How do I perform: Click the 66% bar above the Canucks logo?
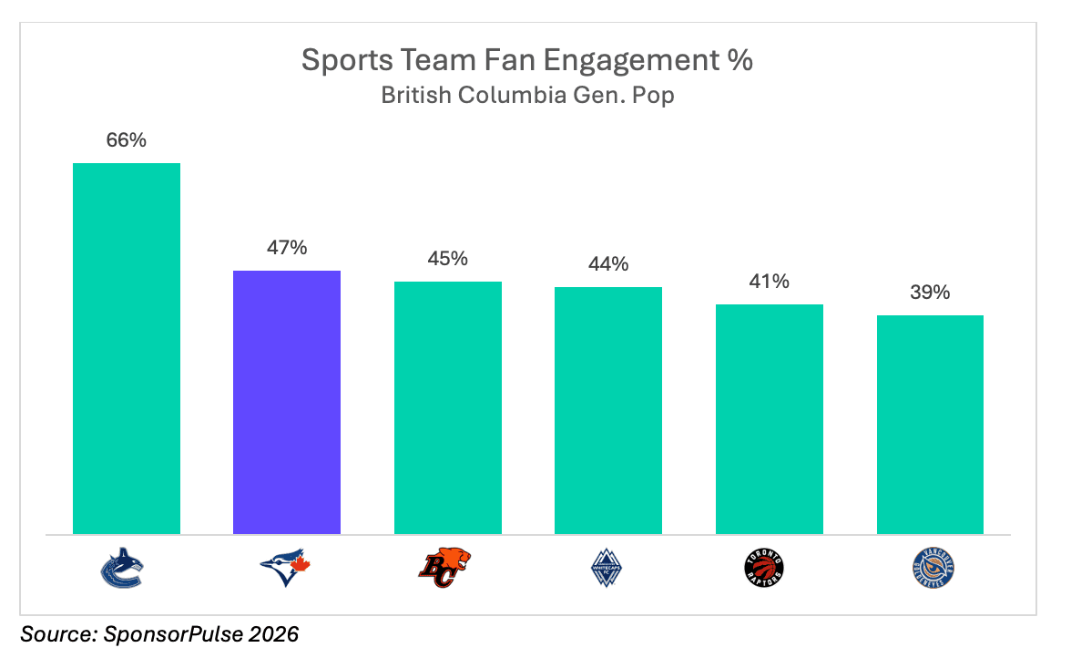[x=127, y=348]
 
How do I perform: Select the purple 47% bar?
[x=287, y=402]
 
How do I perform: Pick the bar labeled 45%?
[x=448, y=407]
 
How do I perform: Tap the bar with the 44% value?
[x=608, y=410]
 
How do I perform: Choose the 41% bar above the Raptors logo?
[x=770, y=419]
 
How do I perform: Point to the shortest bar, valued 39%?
[x=930, y=425]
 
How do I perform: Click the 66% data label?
[x=127, y=140]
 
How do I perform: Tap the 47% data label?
[x=287, y=248]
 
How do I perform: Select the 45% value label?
[x=448, y=259]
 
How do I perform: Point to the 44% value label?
[x=608, y=264]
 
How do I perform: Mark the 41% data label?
[x=770, y=282]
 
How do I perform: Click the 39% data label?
[x=930, y=293]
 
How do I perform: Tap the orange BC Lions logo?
[x=445, y=568]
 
